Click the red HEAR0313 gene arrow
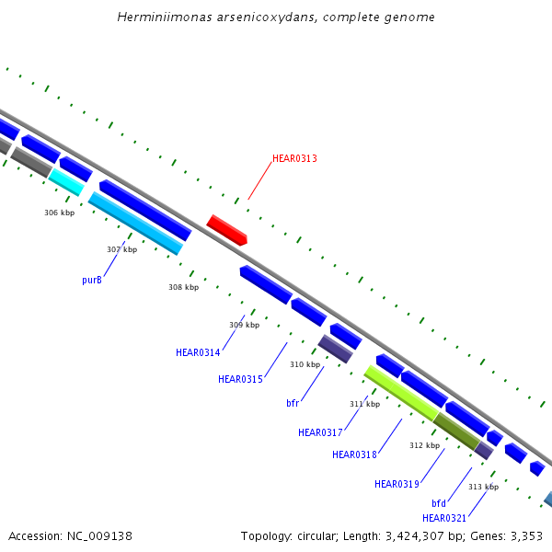pos(226,229)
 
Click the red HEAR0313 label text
pos(294,158)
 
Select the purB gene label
pos(92,280)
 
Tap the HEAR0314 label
pos(198,352)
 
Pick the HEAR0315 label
pos(240,379)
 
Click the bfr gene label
pos(293,402)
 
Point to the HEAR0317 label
pos(320,432)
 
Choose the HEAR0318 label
pos(354,454)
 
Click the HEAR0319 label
pos(397,484)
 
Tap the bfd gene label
pos(439,503)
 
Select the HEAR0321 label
pos(444,518)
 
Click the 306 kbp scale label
pos(59,213)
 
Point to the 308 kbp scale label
pos(183,287)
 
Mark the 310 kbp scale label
pos(305,364)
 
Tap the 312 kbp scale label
pos(424,445)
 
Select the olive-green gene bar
pos(456,431)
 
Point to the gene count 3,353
pos(524,535)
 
